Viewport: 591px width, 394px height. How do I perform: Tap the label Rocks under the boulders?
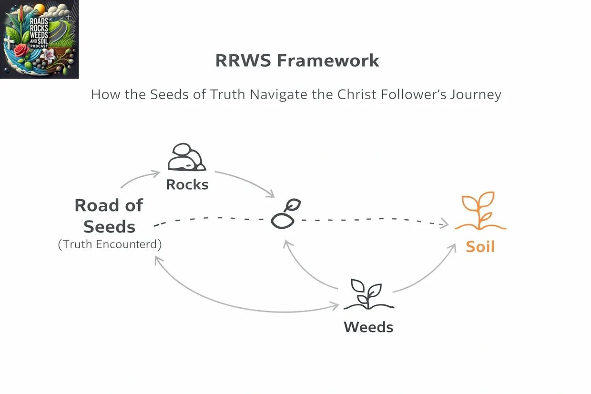click(187, 184)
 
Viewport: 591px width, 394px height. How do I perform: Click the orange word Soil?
click(480, 247)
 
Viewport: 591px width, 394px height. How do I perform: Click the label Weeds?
click(368, 327)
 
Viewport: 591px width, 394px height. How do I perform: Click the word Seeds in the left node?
click(109, 227)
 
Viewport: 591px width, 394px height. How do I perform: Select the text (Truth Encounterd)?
click(110, 245)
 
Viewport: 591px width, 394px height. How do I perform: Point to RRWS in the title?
click(243, 61)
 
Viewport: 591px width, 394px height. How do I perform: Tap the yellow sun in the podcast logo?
click(40, 9)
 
